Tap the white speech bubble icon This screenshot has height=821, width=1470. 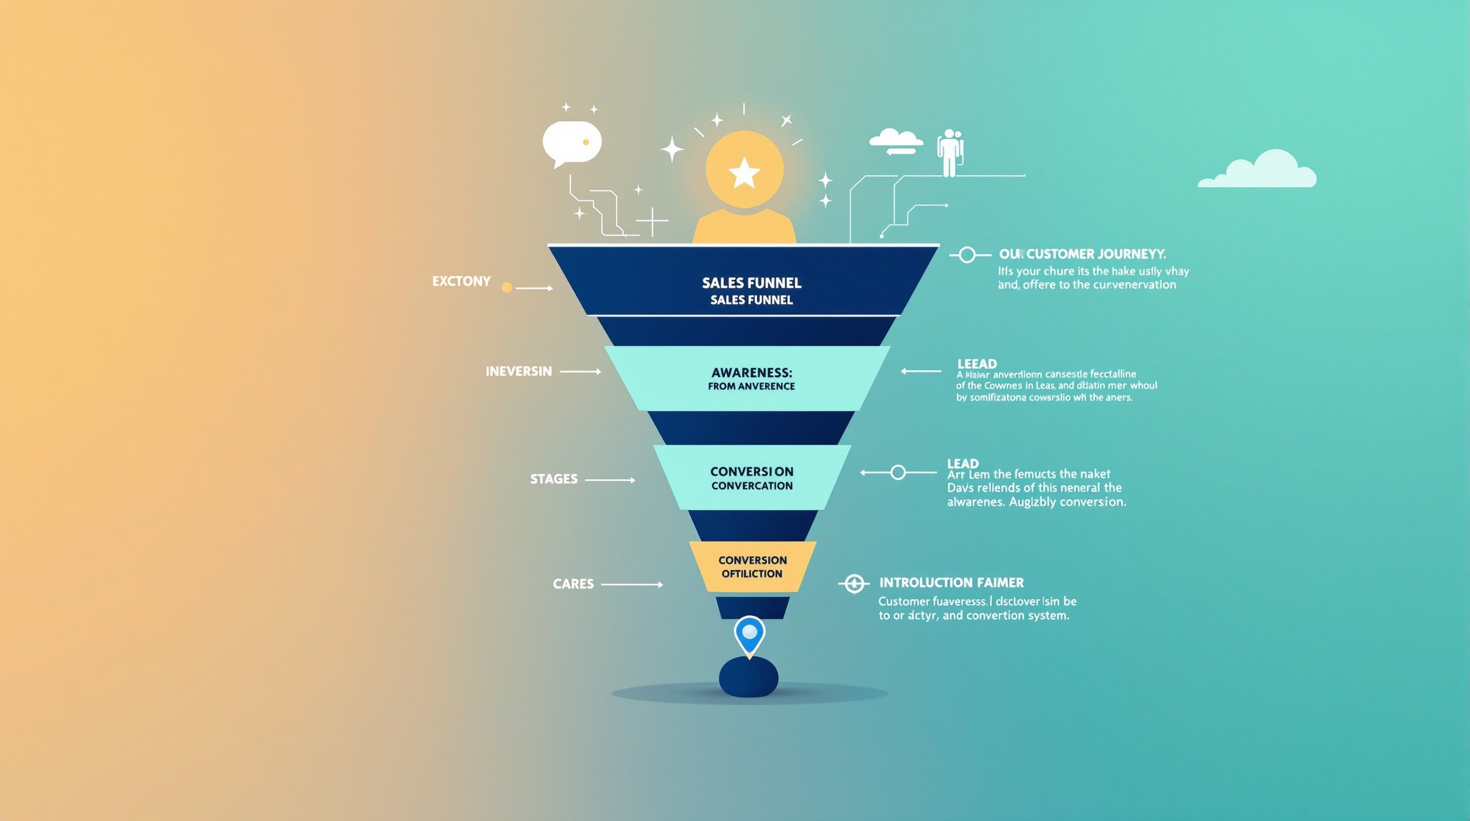571,143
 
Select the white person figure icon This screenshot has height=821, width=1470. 949,152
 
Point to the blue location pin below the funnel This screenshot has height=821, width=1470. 749,634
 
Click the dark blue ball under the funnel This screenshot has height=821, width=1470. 748,677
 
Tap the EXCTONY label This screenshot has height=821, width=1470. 461,282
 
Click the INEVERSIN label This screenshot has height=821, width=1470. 519,371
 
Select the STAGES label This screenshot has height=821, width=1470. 553,479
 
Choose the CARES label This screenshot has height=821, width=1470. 573,584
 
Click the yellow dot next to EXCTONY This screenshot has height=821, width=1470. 506,288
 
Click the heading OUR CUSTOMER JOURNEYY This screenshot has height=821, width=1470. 1082,254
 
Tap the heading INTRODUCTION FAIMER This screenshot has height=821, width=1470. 951,583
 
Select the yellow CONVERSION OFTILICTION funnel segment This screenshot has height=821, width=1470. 752,567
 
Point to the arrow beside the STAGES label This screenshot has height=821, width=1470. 609,480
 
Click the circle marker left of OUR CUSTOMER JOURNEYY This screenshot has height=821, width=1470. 967,255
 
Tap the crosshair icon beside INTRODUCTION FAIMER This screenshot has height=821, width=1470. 854,584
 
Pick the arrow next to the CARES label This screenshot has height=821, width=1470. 632,585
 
